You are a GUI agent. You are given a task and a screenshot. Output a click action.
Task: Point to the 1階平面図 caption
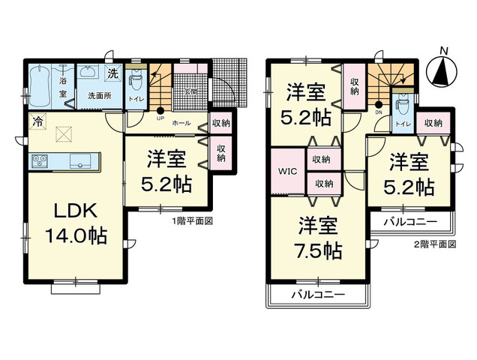(x=193, y=222)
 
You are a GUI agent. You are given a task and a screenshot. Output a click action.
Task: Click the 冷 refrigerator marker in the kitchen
(x=37, y=119)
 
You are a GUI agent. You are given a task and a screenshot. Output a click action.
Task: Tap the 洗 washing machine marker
(x=112, y=74)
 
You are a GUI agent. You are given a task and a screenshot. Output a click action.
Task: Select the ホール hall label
(x=181, y=122)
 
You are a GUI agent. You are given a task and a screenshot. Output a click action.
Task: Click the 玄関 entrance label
(x=190, y=92)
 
